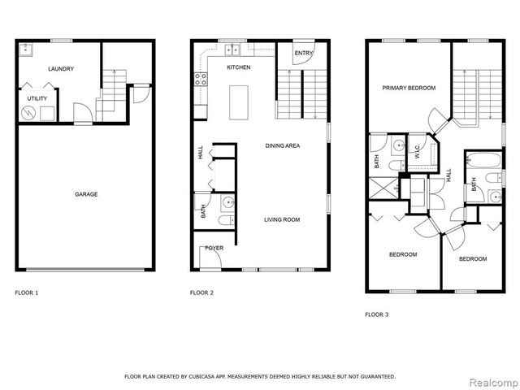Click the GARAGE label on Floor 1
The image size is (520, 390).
[x=87, y=194]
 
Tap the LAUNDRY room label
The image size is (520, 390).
[x=61, y=69]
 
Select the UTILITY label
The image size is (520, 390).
[x=37, y=97]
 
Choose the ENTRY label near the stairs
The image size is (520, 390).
[x=303, y=54]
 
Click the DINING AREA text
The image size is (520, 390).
[x=284, y=145]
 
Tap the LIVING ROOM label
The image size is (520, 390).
[x=282, y=219]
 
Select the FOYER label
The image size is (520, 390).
[x=214, y=248]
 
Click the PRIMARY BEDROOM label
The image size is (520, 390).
[x=409, y=88]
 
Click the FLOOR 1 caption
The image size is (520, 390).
[x=27, y=292]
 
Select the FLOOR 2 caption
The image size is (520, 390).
[x=201, y=292]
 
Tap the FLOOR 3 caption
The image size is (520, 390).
[x=376, y=314]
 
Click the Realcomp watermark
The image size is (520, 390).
[x=490, y=381]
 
